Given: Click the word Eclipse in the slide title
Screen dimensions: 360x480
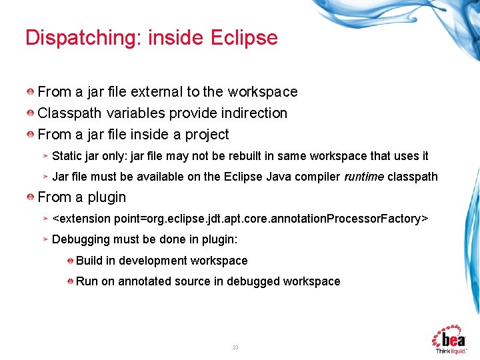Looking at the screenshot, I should (243, 37).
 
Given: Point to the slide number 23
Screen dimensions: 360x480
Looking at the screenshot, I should (235, 347).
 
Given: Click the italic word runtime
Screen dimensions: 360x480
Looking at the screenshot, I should (364, 177).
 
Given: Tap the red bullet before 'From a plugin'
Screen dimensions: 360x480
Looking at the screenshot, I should (31, 197).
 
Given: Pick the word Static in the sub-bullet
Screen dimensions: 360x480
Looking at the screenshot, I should (67, 156).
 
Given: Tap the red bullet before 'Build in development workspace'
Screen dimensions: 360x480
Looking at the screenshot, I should (70, 261).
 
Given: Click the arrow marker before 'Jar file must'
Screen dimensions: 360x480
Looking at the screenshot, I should (45, 177).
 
